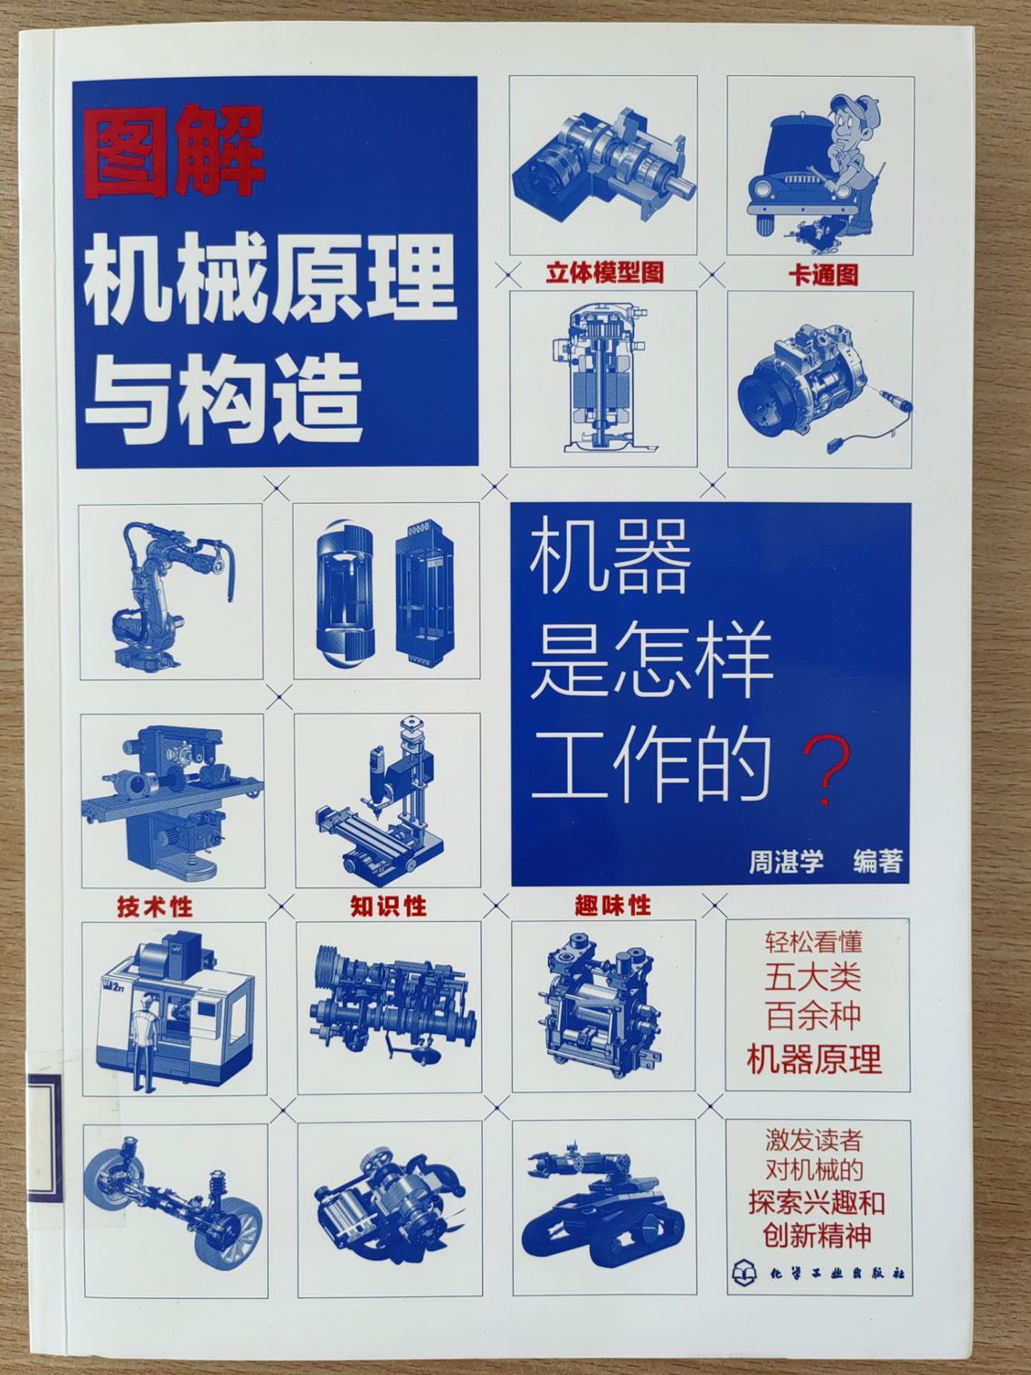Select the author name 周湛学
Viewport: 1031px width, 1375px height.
click(786, 862)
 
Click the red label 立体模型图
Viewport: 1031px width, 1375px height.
click(604, 273)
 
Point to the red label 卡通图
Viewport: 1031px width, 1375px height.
click(822, 274)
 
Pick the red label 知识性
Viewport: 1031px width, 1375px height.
click(388, 906)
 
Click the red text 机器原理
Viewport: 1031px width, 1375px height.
click(814, 1058)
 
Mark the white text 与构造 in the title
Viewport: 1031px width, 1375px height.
click(223, 398)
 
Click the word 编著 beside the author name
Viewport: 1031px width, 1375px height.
click(877, 862)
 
